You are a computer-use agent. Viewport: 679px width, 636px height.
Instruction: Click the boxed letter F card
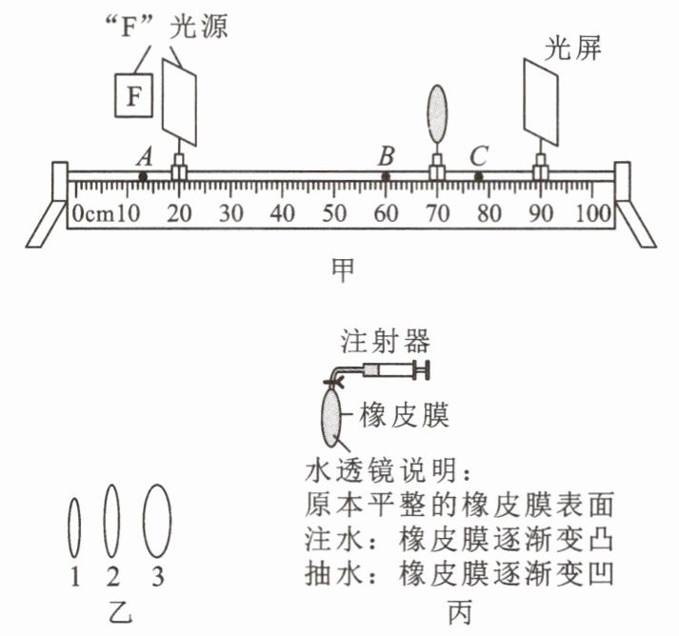[x=133, y=95]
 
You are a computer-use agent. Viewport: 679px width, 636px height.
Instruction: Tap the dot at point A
[x=143, y=177]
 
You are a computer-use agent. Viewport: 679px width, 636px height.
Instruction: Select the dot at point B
[x=386, y=177]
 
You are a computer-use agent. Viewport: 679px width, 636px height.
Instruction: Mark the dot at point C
[x=478, y=177]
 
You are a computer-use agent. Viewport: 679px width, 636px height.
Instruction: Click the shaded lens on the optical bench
[x=437, y=113]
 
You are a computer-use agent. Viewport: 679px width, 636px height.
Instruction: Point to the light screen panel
[x=541, y=102]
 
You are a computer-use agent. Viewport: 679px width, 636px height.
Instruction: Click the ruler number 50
[x=334, y=213]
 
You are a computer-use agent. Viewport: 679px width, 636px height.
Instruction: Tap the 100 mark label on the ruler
[x=593, y=213]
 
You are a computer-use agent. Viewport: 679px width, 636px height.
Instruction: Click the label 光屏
[x=572, y=49]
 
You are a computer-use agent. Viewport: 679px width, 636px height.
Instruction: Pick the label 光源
[x=198, y=27]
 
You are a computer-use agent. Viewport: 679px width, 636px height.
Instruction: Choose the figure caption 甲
[x=343, y=269]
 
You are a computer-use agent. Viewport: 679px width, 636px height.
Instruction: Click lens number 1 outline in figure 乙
[x=75, y=527]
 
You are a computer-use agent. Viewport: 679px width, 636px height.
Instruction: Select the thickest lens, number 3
[x=157, y=521]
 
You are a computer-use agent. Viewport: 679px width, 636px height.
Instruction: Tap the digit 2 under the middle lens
[x=112, y=577]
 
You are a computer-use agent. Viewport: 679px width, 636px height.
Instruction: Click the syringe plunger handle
[x=421, y=370]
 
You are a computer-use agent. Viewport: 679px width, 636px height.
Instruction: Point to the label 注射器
[x=386, y=341]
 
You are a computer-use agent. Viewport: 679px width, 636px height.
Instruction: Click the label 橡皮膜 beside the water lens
[x=404, y=415]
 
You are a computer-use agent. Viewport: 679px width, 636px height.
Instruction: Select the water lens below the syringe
[x=331, y=418]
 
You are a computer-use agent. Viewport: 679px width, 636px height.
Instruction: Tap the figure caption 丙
[x=459, y=612]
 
